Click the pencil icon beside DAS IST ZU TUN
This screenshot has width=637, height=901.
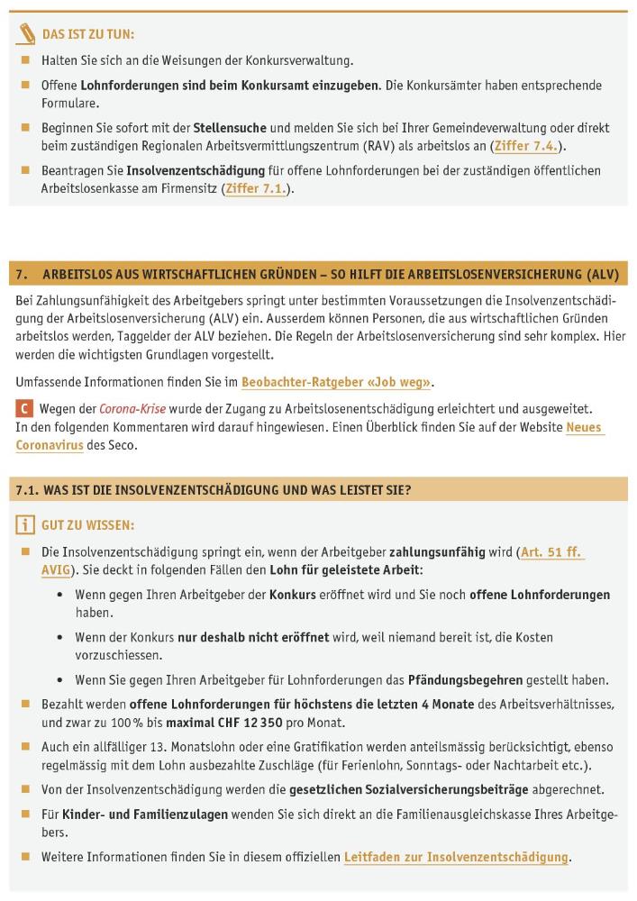26,35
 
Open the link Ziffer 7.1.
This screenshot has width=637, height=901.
255,188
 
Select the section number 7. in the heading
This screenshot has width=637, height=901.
23,273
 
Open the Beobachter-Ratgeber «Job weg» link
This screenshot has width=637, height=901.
336,382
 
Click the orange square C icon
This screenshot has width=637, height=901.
24,408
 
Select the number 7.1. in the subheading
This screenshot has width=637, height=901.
31,490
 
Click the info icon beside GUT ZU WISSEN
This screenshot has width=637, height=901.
25,525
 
